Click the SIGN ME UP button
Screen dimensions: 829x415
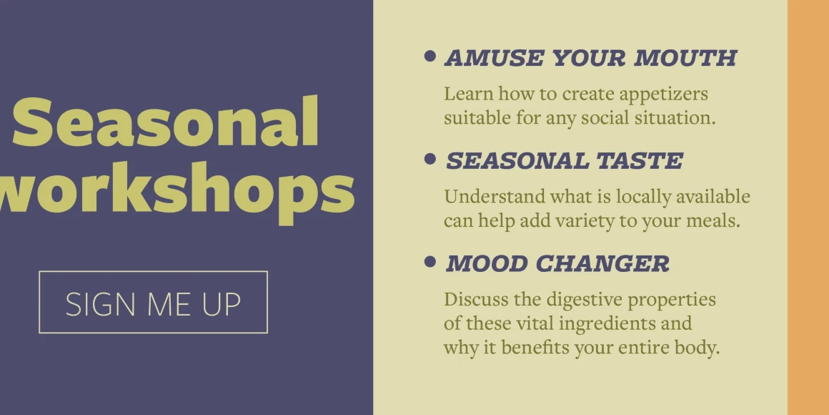[154, 302]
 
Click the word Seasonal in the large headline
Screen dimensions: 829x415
[166, 123]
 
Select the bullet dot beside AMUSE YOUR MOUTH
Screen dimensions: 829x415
[430, 56]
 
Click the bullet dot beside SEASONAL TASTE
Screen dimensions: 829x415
[430, 158]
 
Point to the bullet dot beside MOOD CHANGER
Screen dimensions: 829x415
[430, 261]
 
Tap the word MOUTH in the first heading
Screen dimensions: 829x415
[685, 58]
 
